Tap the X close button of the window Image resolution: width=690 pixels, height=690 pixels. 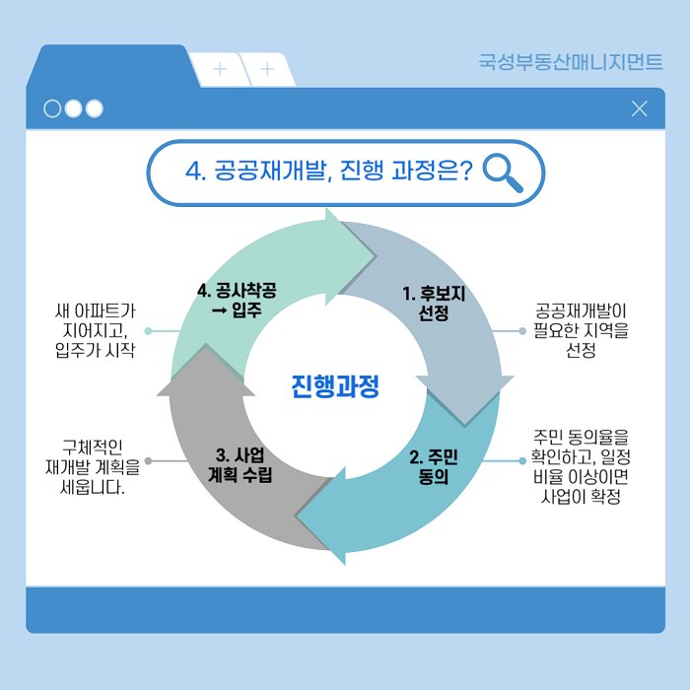tap(639, 108)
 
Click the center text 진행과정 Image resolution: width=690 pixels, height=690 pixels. tap(335, 385)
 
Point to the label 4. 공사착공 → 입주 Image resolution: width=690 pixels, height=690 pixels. tap(237, 300)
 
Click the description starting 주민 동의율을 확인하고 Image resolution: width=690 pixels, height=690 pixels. tap(582, 466)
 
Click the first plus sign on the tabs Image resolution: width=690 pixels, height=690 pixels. tap(219, 69)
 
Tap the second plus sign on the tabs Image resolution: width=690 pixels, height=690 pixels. tap(266, 69)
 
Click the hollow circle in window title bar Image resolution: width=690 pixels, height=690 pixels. tap(52, 108)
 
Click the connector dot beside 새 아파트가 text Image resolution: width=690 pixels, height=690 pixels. tap(148, 331)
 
